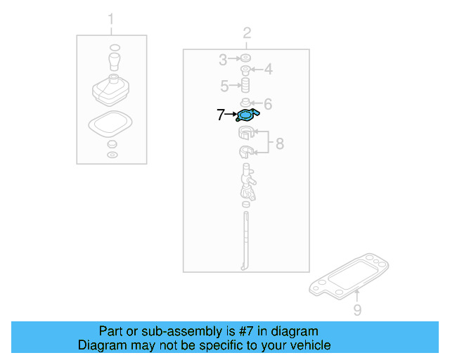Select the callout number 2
(247, 32)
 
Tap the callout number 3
(222, 58)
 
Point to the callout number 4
(267, 69)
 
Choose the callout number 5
(224, 86)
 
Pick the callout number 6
(267, 103)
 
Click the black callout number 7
(221, 114)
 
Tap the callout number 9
(356, 309)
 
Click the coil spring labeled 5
(247, 86)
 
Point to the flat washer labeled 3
(246, 58)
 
